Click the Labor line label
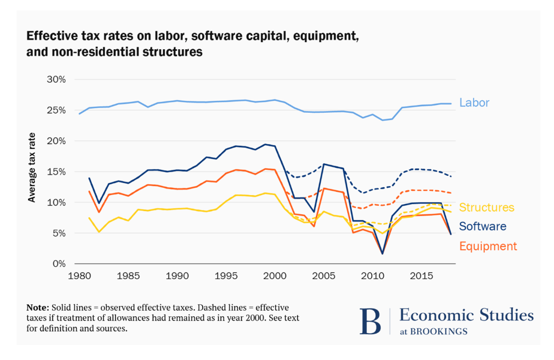click(474, 103)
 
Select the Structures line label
click(486, 207)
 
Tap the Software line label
click(483, 226)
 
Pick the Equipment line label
click(488, 246)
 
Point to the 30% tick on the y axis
click(56, 80)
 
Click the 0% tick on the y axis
click(59, 264)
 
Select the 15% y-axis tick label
click(56, 172)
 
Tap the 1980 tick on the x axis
click(80, 276)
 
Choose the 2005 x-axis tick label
click(324, 276)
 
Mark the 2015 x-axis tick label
click(421, 276)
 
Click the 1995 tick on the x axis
click(226, 276)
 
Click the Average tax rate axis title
click(32, 167)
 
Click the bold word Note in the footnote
click(37, 308)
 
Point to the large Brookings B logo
click(371, 321)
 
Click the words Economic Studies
click(466, 315)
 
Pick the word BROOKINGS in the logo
click(438, 332)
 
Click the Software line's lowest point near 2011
click(383, 254)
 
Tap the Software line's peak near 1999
click(266, 144)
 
